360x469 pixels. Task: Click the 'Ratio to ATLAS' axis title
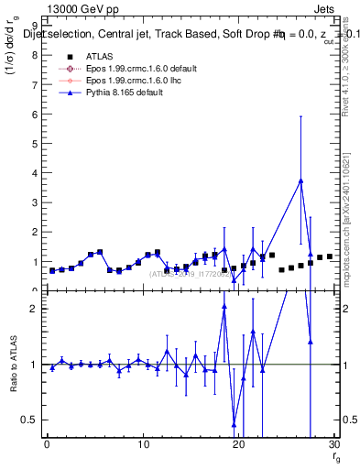click(x=12, y=364)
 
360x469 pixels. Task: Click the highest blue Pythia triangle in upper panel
click(x=300, y=180)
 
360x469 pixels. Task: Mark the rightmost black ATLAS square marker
click(x=330, y=256)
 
